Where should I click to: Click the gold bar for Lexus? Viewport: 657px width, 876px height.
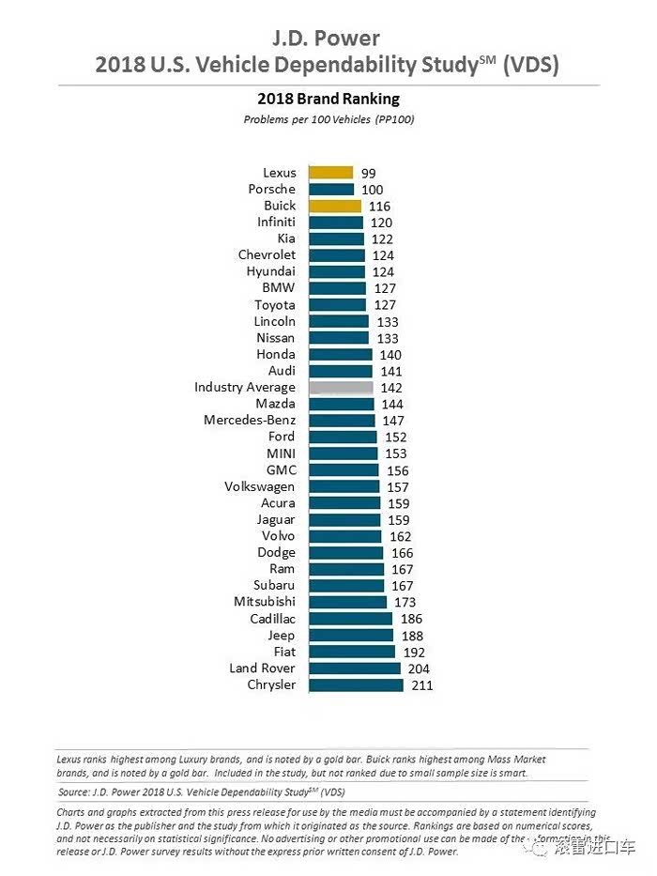pos(330,173)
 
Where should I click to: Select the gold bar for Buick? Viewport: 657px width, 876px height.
pos(334,206)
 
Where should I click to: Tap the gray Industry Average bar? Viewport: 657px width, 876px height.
pos(341,387)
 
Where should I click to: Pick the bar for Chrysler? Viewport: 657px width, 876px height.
pos(356,685)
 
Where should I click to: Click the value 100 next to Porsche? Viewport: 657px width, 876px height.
pos(373,190)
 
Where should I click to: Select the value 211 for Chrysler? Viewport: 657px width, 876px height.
pos(420,685)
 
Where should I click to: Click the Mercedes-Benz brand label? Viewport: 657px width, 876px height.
pos(249,421)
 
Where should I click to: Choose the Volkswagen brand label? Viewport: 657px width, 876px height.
pos(259,486)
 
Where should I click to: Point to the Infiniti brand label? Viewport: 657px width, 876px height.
pos(276,223)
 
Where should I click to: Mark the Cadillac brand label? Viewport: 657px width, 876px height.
pos(272,619)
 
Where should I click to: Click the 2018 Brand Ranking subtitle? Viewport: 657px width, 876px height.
pos(328,99)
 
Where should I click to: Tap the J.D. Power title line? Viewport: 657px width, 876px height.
pos(327,38)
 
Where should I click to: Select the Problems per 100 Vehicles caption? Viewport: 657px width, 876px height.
pos(328,119)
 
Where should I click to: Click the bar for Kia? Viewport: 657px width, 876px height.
pos(336,239)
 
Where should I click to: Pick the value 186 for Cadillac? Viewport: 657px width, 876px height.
pos(410,619)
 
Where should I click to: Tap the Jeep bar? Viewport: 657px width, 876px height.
pos(351,636)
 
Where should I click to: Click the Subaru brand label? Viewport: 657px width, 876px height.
pos(274,586)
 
